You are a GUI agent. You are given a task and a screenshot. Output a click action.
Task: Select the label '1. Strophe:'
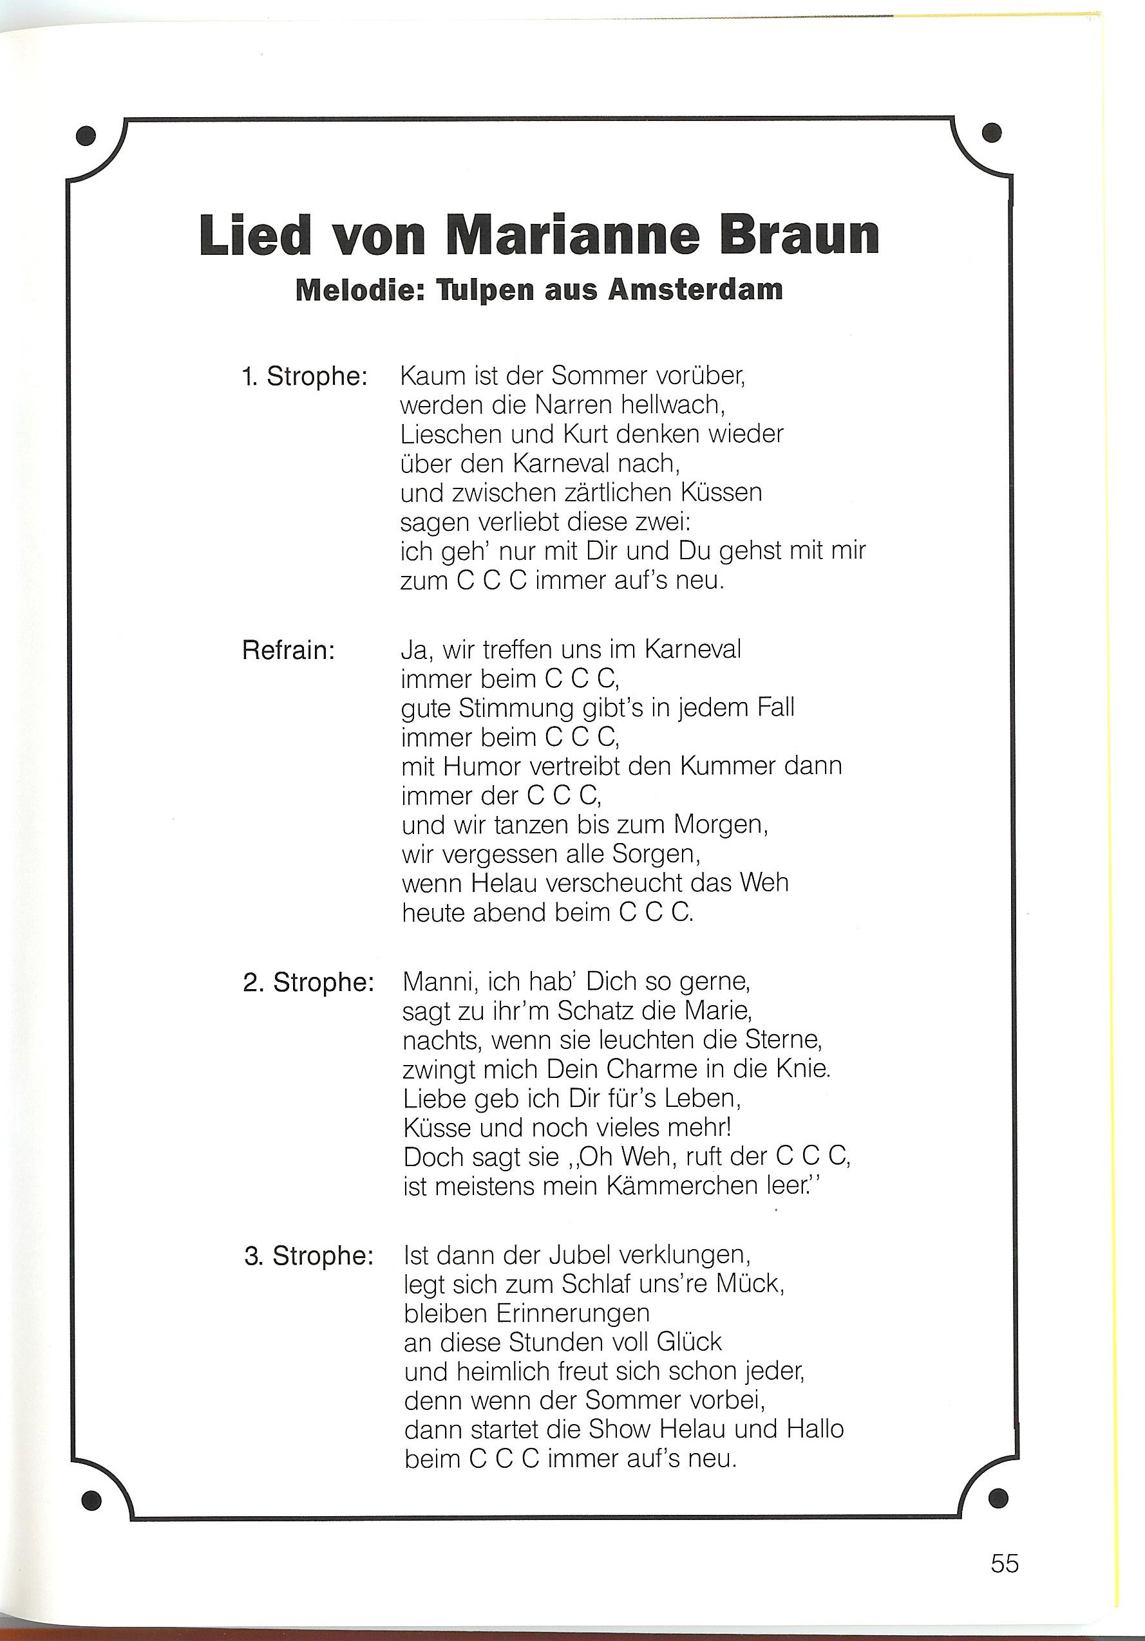305,376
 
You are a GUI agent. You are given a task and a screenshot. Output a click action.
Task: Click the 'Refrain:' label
289,651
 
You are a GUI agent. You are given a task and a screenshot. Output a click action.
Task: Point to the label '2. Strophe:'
308,983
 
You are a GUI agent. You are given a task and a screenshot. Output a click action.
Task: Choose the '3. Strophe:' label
309,1256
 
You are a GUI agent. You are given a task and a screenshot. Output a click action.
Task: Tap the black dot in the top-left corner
86,136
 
